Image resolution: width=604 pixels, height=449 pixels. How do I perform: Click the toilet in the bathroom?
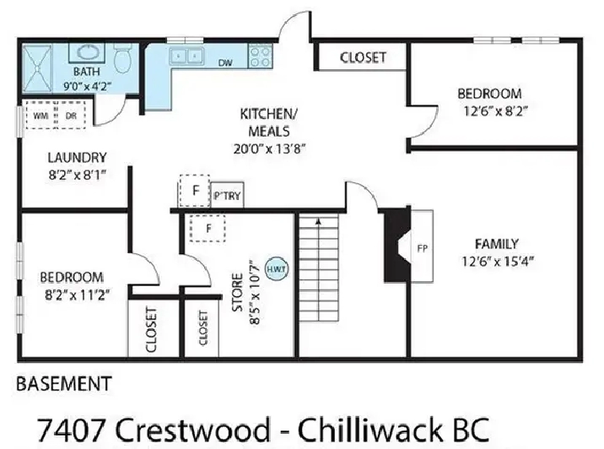tap(123, 57)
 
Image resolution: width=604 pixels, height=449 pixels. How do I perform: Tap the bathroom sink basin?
tap(87, 52)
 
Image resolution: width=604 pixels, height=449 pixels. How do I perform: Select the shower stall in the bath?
tap(37, 69)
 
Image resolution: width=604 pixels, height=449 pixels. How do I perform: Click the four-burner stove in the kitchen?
tap(261, 57)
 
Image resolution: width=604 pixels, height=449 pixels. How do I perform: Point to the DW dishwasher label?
tap(225, 62)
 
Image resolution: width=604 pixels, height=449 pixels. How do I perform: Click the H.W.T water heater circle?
tap(277, 269)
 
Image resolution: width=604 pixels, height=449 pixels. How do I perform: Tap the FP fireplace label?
tap(423, 249)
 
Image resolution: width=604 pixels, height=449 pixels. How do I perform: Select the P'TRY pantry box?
tap(227, 195)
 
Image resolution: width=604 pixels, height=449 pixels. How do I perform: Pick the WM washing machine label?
tap(40, 116)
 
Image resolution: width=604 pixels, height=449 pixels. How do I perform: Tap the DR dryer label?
tap(71, 116)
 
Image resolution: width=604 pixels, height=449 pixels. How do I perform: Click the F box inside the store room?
tap(208, 229)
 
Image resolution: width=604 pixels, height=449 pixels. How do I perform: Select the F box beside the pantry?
tap(195, 191)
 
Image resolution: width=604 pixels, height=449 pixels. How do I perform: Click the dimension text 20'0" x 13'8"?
tap(269, 149)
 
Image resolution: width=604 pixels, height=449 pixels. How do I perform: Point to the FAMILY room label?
tap(497, 244)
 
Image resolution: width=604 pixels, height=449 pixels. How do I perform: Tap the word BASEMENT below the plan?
tap(64, 384)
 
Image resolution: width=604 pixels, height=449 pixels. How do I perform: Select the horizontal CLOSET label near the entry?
tap(363, 57)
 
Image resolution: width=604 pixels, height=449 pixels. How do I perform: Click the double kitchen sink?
tap(186, 57)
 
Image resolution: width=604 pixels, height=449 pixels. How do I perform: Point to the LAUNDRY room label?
tap(77, 158)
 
